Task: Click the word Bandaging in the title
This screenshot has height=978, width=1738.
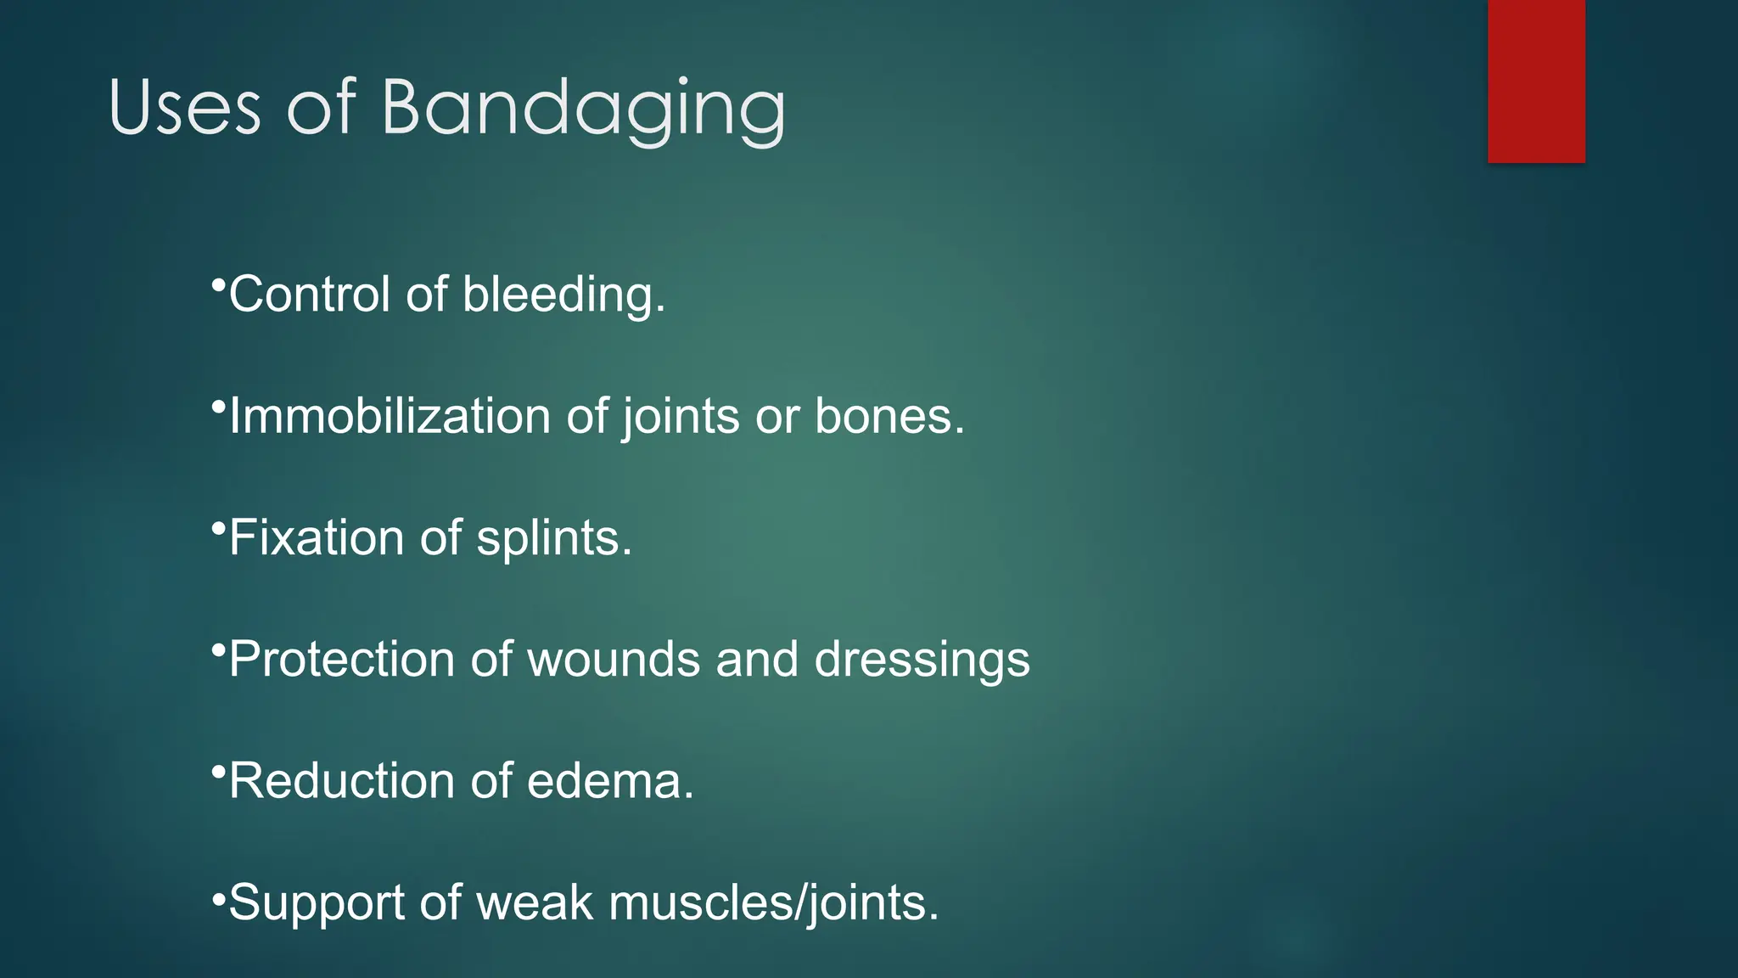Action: coord(584,109)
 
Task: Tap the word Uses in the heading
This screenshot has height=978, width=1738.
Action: coord(184,109)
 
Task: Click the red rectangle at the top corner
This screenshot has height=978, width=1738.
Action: coord(1536,81)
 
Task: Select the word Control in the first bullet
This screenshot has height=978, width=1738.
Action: coord(310,295)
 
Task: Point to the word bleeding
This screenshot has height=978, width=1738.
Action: coord(563,295)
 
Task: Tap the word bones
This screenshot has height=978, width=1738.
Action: coord(889,416)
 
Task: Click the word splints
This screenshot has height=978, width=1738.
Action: coord(553,537)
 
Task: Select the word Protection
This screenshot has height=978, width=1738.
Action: coord(343,659)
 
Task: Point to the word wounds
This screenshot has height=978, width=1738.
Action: coord(614,659)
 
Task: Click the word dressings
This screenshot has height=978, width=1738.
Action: coord(922,660)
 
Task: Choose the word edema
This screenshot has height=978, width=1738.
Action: coord(609,781)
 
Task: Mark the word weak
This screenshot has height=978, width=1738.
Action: coord(535,902)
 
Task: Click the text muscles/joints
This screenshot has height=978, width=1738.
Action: coord(773,903)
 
